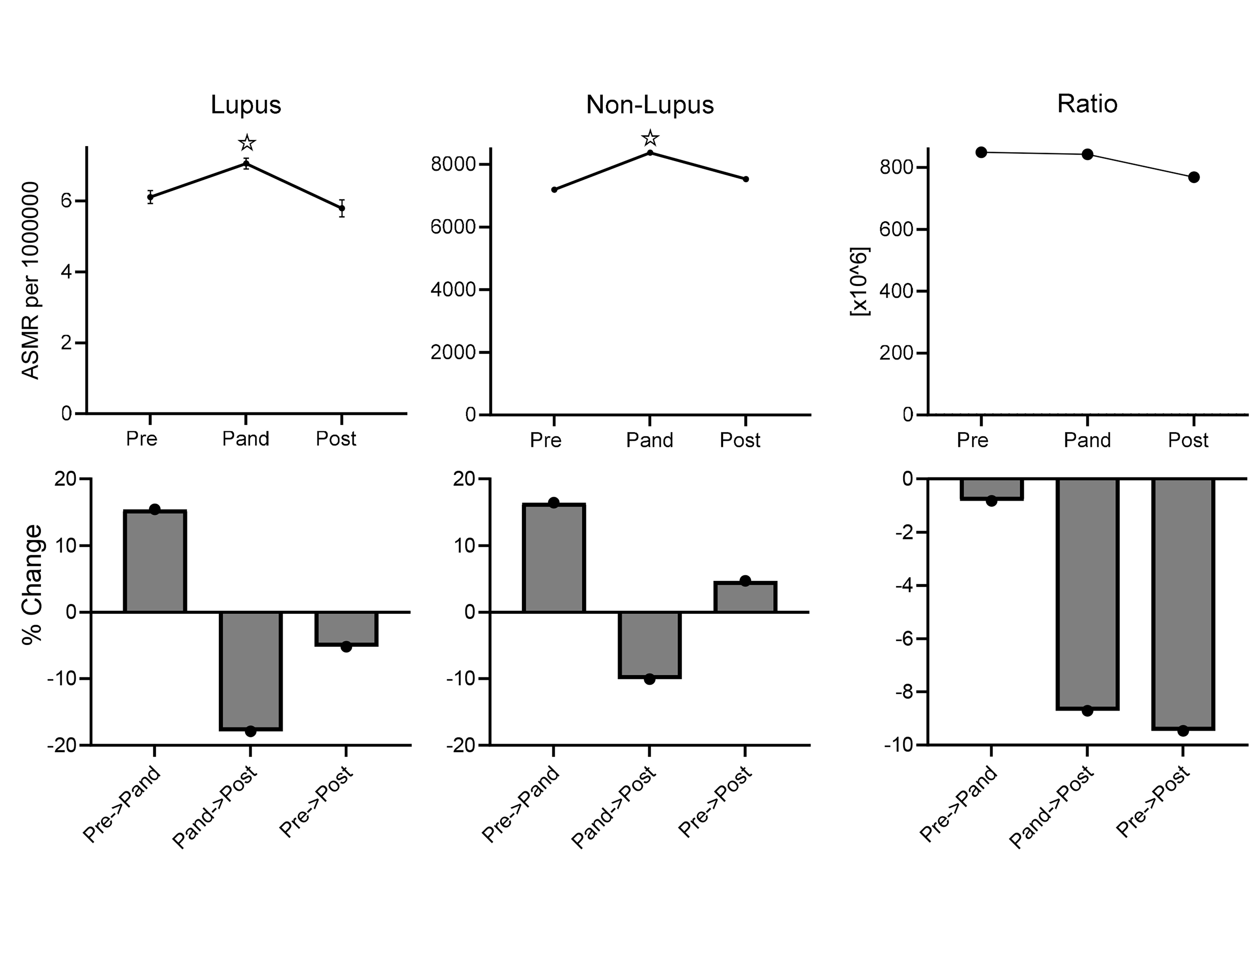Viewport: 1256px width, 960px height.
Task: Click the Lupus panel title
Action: (x=246, y=105)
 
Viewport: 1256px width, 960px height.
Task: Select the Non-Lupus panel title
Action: (x=650, y=105)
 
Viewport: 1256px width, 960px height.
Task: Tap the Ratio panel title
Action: (x=1087, y=104)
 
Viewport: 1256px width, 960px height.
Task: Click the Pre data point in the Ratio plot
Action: (x=981, y=152)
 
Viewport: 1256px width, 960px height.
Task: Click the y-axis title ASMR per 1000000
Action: (x=30, y=280)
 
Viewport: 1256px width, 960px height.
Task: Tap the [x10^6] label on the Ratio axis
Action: (x=859, y=281)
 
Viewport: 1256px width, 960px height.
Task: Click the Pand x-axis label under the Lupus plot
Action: (x=246, y=439)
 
